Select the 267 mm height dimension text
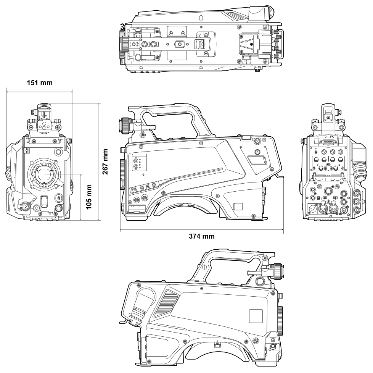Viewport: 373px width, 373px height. tap(106, 161)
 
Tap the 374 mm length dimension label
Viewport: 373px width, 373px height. tap(202, 236)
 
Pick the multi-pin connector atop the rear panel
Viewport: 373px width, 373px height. tap(328, 142)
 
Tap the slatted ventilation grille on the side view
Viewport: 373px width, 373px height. tap(167, 299)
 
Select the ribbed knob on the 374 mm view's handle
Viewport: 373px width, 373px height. tap(125, 126)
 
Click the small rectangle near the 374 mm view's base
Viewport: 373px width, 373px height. tap(238, 207)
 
